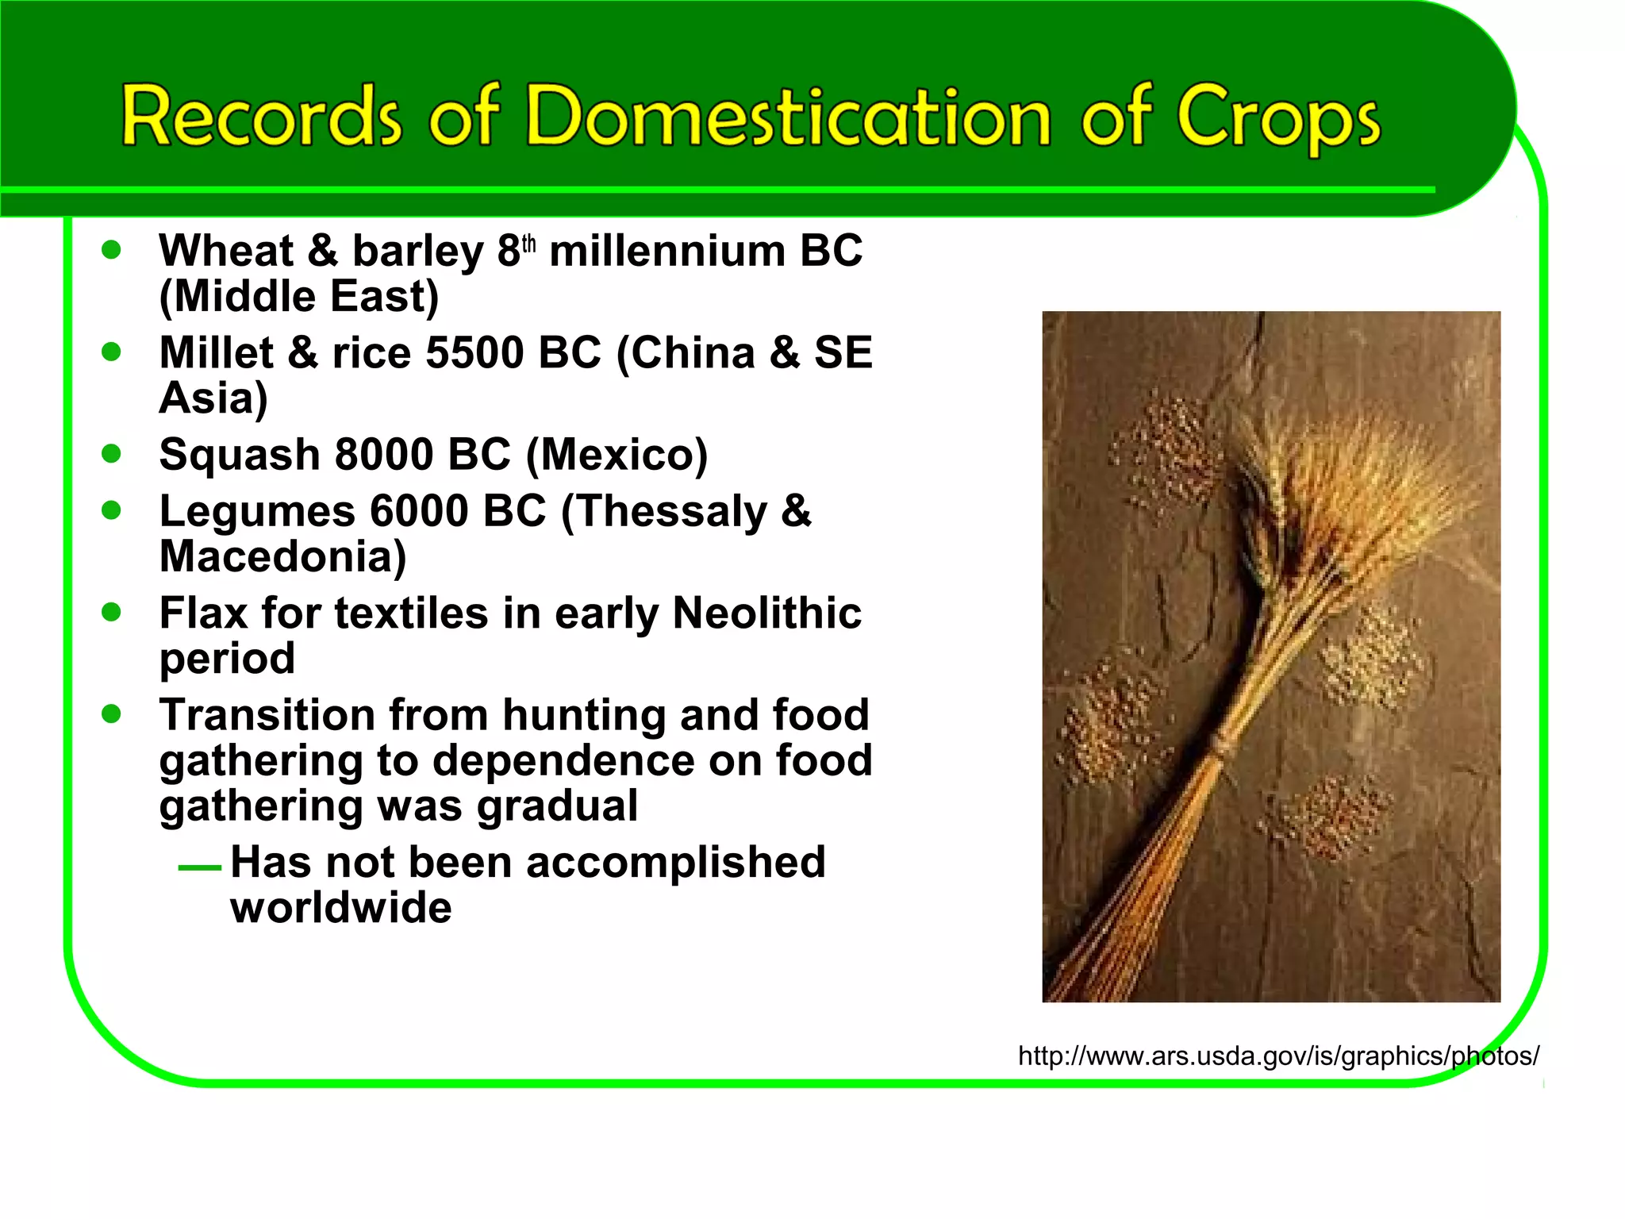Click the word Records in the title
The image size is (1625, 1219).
click(x=261, y=117)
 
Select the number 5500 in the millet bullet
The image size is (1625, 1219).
click(x=474, y=352)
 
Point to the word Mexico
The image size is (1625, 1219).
click(x=617, y=455)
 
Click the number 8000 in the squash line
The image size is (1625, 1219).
click(x=384, y=455)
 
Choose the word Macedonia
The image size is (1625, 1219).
click(x=282, y=556)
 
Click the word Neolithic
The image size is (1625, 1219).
click(x=766, y=613)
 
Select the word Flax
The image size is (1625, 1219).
click(x=204, y=613)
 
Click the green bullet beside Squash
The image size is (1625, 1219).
click(x=112, y=453)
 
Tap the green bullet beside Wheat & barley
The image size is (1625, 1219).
click(x=112, y=250)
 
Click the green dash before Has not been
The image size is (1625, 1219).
click(x=199, y=867)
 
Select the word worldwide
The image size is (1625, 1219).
click(x=341, y=908)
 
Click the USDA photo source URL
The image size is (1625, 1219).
click(x=1277, y=1056)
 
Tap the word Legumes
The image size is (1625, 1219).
click(x=257, y=511)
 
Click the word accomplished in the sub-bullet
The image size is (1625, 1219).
click(x=675, y=863)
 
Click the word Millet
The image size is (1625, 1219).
click(x=216, y=352)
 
